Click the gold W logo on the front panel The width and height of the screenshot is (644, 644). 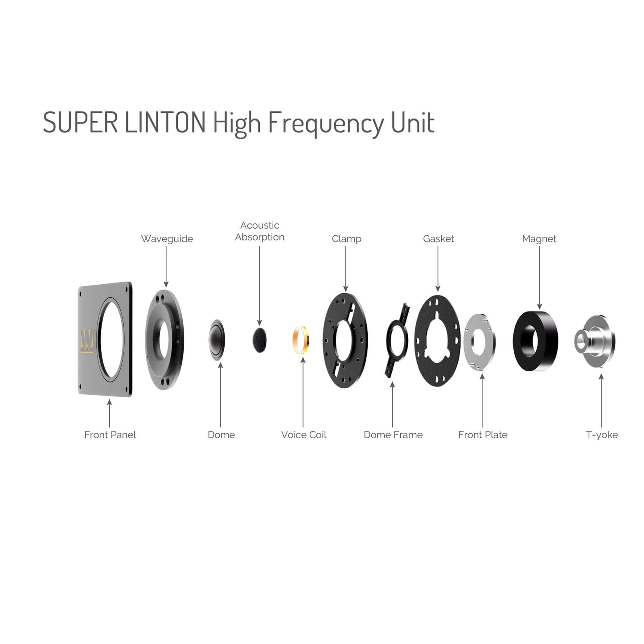point(87,341)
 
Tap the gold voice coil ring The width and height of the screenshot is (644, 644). point(301,340)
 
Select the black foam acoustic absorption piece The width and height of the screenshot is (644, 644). point(259,340)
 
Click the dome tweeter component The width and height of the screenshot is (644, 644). point(217,340)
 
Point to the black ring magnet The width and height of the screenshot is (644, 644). point(535,341)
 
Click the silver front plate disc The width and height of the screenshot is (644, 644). point(480,341)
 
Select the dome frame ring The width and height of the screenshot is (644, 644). point(397,340)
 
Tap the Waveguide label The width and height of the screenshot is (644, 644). point(167,239)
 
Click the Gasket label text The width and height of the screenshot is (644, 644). point(439,238)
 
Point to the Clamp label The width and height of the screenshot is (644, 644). point(347,239)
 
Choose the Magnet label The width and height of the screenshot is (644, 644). point(539,239)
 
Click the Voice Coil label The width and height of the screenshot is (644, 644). point(304,435)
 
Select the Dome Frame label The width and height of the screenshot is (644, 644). point(393,435)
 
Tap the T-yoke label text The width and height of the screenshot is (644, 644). point(602,435)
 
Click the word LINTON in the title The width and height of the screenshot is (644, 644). point(165,122)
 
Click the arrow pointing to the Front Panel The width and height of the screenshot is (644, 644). point(109,413)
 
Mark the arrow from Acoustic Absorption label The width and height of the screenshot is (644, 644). point(260,286)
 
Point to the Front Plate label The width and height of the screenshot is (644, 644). point(483,435)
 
